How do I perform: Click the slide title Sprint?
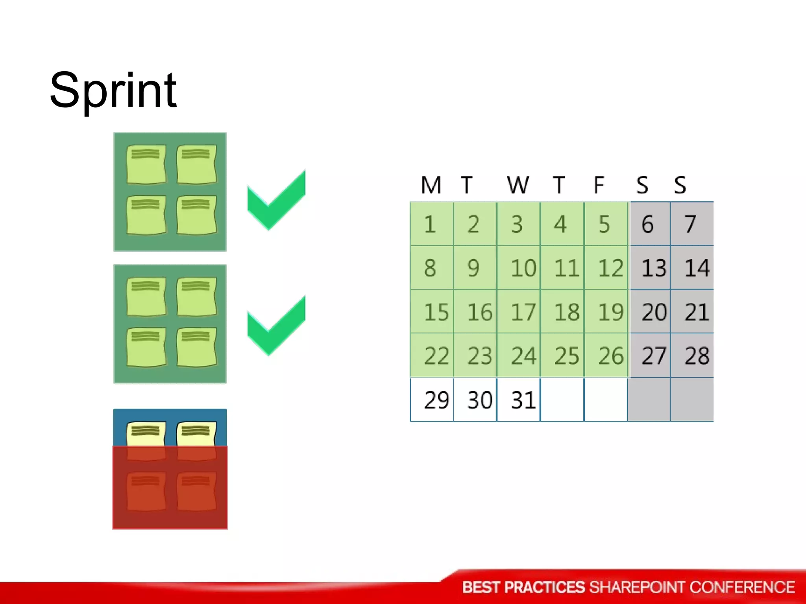(113, 91)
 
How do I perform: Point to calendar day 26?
(610, 356)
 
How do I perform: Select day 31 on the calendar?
(523, 400)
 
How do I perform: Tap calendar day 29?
(436, 400)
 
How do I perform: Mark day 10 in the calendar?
(523, 269)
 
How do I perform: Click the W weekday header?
(518, 185)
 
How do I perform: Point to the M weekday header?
(431, 185)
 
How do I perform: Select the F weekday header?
(599, 185)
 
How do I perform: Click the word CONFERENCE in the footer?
(742, 587)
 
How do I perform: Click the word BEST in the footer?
(481, 587)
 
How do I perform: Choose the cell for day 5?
(604, 225)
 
